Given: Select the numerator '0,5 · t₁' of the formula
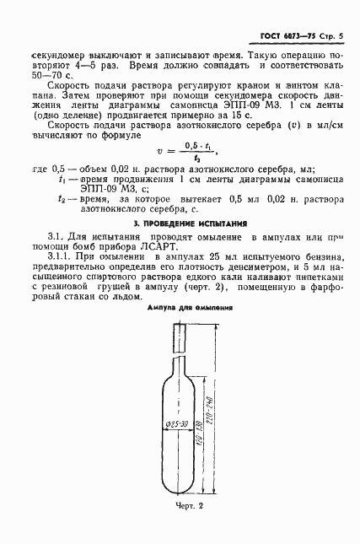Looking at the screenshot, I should (x=200, y=143).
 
